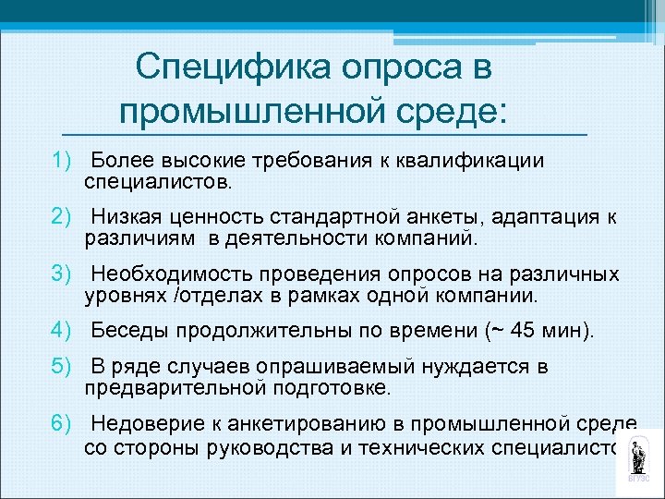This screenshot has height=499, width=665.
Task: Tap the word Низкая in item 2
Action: click(x=126, y=217)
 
